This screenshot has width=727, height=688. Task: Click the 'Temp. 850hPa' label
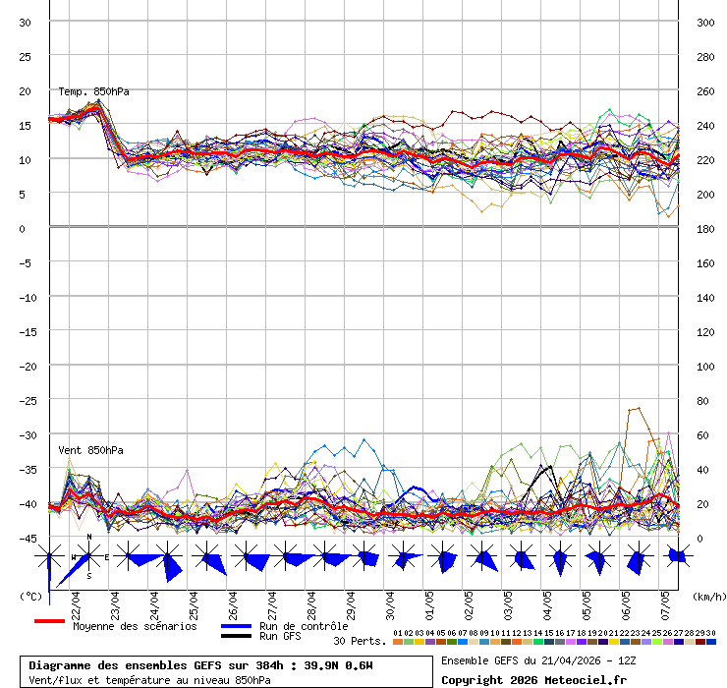coord(93,91)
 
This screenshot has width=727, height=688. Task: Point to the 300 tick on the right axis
coord(705,22)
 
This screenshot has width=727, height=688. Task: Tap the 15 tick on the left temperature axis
coord(25,125)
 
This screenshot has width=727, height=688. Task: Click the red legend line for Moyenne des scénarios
coord(49,621)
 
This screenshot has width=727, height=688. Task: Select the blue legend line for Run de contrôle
coord(237,626)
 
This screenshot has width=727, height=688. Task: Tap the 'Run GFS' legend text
coord(280,637)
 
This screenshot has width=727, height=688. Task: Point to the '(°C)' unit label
coord(29,596)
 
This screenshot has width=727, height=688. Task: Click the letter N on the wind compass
coord(89,538)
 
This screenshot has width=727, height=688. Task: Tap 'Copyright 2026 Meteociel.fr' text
coord(533,679)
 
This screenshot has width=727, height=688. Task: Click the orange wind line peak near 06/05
coord(638,408)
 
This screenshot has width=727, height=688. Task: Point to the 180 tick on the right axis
coord(705,228)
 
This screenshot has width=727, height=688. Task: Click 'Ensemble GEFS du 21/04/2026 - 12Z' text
coord(538,660)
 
